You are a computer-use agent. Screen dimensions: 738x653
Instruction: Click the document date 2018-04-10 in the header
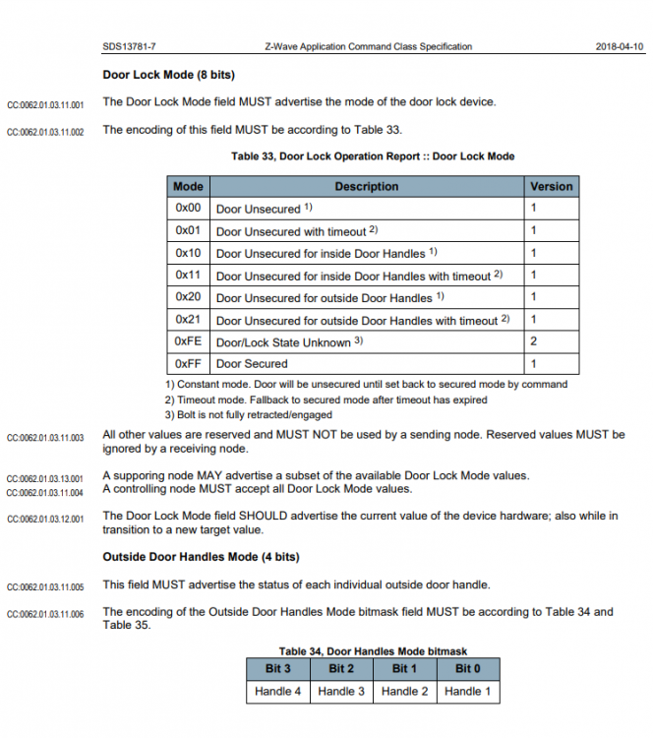tap(620, 46)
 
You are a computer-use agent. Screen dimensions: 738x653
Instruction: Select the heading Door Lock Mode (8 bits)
tap(168, 75)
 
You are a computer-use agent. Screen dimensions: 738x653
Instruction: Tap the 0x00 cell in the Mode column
tap(188, 209)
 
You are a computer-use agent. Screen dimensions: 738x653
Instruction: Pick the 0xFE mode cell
tap(188, 341)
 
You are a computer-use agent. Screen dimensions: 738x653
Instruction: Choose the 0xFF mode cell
tap(188, 363)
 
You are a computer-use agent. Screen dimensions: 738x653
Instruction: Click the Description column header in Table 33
tap(366, 186)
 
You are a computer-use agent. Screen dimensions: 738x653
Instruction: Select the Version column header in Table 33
tap(551, 186)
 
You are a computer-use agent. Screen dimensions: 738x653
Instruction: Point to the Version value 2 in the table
tap(534, 341)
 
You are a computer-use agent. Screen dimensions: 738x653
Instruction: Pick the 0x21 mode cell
tap(188, 319)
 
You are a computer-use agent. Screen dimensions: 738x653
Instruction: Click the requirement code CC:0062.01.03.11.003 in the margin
tap(45, 437)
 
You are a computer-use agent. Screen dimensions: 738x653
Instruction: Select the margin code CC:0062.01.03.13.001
tap(45, 478)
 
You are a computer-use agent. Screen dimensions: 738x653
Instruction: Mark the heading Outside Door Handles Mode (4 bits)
tap(201, 557)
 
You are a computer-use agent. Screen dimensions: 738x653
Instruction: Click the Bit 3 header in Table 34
tap(278, 669)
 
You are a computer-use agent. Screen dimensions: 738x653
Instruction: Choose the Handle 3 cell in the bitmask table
tap(340, 691)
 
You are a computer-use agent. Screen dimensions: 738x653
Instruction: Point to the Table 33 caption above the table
tap(373, 156)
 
